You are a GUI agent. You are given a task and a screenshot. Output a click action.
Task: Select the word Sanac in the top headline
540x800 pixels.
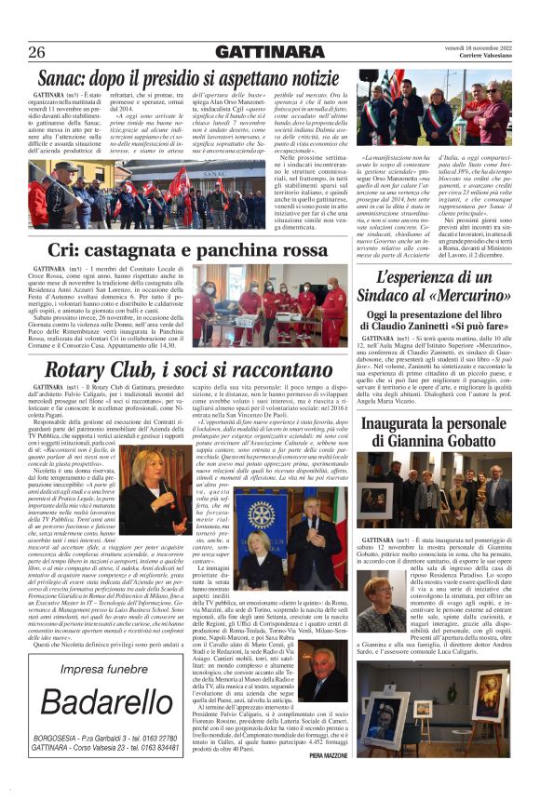click(70, 77)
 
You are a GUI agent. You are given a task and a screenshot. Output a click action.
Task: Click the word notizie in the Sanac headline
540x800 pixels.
click(303, 77)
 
